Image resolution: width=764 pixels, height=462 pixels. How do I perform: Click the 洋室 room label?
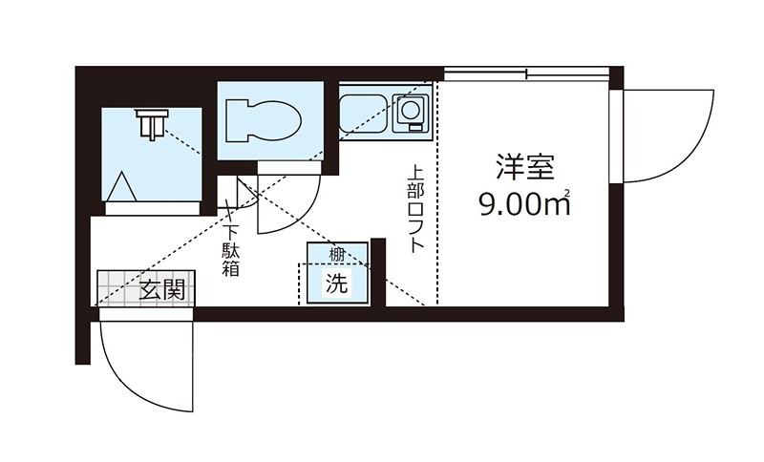click(524, 167)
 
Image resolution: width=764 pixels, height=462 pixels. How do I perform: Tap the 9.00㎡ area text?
click(524, 203)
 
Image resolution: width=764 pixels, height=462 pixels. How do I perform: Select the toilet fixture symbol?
click(263, 120)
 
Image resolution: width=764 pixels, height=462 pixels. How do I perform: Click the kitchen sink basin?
click(366, 114)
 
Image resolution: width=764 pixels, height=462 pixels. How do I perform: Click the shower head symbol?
click(153, 124)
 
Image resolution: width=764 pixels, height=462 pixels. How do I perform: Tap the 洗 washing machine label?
click(338, 283)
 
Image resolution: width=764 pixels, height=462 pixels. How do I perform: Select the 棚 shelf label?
click(337, 254)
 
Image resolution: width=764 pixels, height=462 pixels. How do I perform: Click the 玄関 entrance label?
click(162, 290)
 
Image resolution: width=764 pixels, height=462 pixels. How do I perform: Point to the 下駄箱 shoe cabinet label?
click(230, 251)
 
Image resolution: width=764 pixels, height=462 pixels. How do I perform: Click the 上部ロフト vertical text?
click(415, 209)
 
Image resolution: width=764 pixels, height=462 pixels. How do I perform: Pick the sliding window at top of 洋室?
click(527, 74)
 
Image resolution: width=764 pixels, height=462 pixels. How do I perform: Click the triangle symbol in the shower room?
click(121, 186)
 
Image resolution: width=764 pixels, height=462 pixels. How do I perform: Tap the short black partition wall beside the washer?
click(378, 273)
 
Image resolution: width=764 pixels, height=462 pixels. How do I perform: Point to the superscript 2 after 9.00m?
click(567, 194)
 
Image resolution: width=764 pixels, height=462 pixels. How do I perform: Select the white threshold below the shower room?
click(153, 208)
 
